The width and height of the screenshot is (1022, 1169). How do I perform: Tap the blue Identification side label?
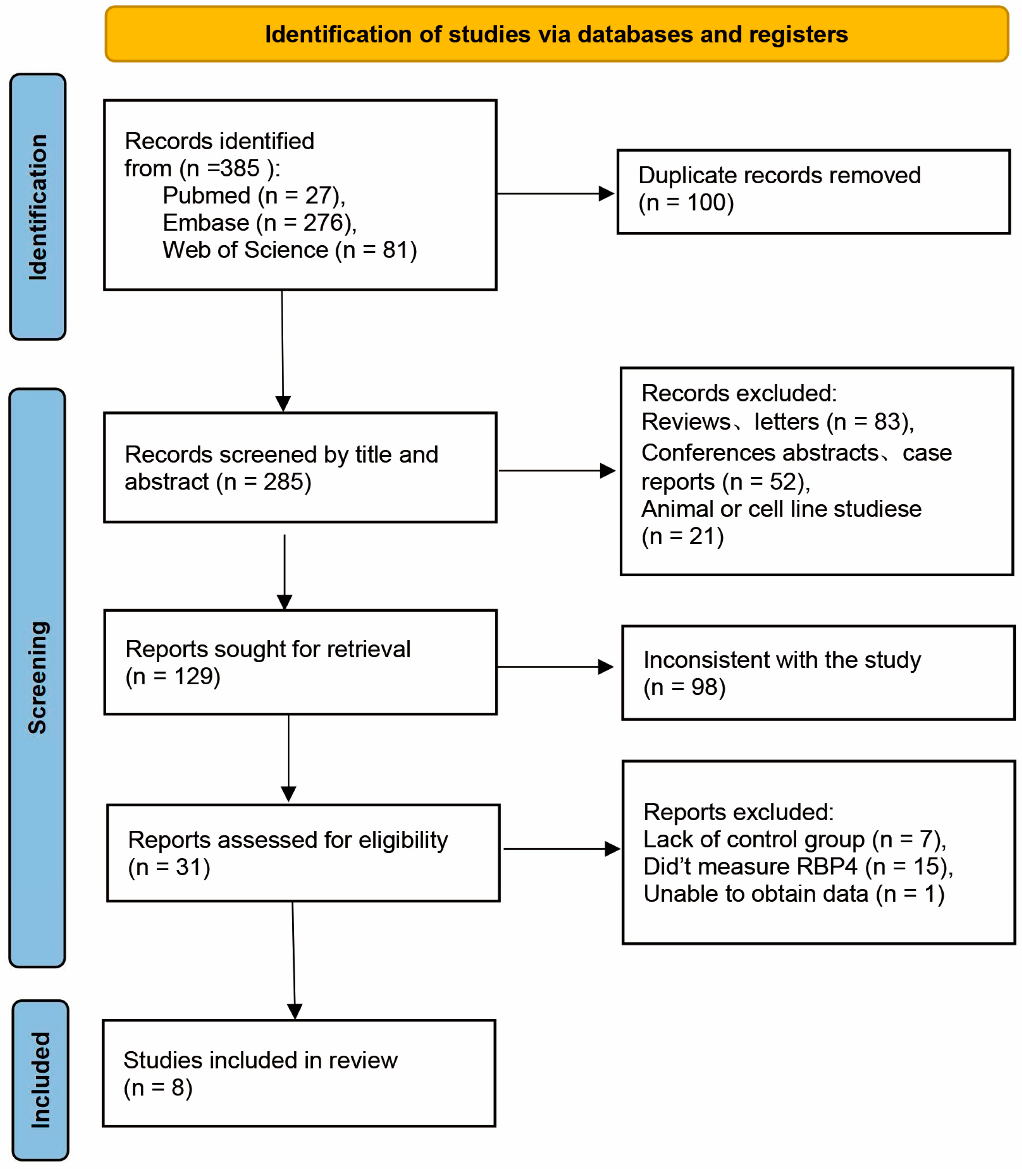coord(38,207)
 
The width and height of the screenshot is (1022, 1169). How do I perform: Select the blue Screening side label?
coord(38,677)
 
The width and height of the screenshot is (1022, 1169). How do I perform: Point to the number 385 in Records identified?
coord(239,169)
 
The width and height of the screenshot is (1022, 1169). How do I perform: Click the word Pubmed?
coord(206,196)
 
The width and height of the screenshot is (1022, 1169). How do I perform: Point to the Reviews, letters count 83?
coord(887,422)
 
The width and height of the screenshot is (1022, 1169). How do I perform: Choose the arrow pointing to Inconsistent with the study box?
coord(605,667)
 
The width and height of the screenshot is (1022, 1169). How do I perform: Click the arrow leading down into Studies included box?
coord(294,1011)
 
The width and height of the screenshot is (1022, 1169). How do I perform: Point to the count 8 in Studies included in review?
coord(178,1088)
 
